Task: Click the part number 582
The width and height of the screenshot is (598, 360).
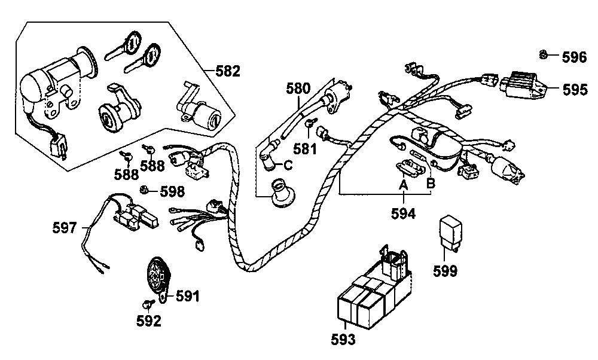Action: click(x=228, y=71)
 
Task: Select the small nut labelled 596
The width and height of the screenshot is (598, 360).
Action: click(x=544, y=55)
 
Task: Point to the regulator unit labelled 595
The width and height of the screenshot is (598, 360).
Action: click(x=524, y=86)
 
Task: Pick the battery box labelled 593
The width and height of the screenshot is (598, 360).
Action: click(x=374, y=289)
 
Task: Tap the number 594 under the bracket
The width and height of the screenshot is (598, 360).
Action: click(x=403, y=213)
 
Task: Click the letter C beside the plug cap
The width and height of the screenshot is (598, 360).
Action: click(x=288, y=165)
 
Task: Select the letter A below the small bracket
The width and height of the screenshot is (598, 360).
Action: click(x=403, y=186)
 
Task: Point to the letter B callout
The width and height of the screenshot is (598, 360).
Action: click(x=430, y=183)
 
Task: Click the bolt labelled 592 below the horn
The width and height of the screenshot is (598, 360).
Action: click(x=148, y=304)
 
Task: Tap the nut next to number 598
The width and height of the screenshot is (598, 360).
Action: click(x=144, y=189)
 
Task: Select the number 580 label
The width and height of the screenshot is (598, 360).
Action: click(x=298, y=89)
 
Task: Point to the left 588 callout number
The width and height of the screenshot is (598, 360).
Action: click(x=127, y=174)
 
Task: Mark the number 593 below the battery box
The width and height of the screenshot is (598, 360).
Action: click(x=343, y=340)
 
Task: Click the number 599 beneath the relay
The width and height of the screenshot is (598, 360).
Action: click(x=445, y=271)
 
